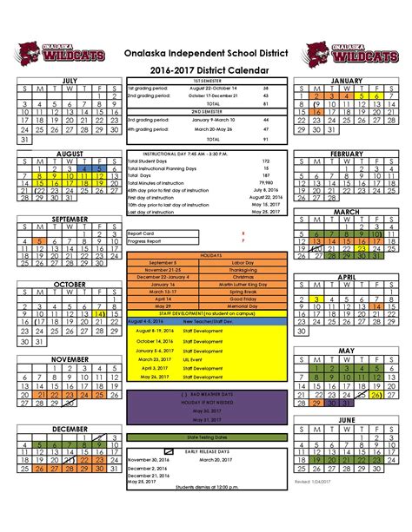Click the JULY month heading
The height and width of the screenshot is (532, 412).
coord(69,79)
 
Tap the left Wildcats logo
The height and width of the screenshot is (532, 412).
coord(62,53)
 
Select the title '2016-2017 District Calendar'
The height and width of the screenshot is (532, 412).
coord(206,69)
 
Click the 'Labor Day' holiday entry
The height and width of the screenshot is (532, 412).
coord(243,262)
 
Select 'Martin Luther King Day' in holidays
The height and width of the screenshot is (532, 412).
coord(243,285)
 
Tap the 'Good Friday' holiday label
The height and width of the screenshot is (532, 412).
coord(243,299)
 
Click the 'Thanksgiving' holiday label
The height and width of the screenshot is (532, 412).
coord(243,270)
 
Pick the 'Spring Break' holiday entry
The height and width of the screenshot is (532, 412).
coord(243,292)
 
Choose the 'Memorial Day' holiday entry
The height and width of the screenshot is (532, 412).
coord(243,306)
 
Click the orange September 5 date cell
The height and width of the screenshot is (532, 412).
coord(39,241)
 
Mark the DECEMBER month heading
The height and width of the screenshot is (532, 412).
coord(69,430)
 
